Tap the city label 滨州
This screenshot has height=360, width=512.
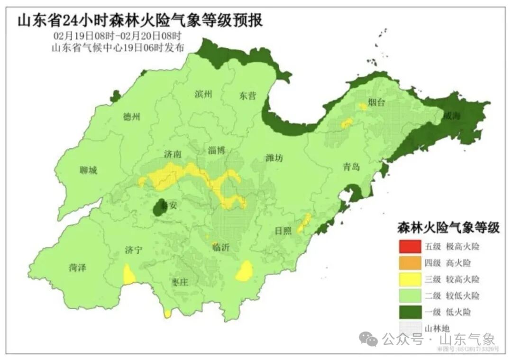pos(203,93)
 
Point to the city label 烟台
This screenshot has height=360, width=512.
pos(378,102)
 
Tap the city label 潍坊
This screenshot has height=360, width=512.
pos(274,158)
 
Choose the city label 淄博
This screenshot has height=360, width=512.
pos(217,150)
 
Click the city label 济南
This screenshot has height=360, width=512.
pos(173,154)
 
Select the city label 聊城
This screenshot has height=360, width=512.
pos(88,170)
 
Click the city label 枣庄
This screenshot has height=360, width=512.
pos(180,282)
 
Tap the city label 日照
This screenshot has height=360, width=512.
pos(284,231)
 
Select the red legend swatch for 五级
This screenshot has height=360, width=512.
pos(410,247)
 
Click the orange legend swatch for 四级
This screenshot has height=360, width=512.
pos(410,263)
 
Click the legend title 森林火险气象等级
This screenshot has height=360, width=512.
pos(448,228)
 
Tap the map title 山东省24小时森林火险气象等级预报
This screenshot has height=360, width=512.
pos(140,21)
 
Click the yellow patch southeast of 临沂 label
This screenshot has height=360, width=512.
pos(245,272)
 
